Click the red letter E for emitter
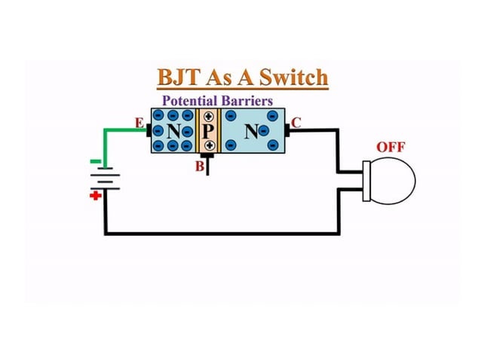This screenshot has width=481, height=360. coord(138,122)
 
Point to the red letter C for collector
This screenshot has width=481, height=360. coord(296,122)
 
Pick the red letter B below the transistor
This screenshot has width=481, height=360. coord(199,166)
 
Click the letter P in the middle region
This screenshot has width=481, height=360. coord(208,132)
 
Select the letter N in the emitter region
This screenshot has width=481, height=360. coord(175,132)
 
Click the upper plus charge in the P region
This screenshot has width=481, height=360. coord(208,117)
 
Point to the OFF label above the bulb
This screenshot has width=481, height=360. coord(391,147)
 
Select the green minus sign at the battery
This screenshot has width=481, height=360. coord(95,161)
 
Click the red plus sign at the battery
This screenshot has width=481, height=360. coord(95,197)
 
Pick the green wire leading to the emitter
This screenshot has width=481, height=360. coord(121,131)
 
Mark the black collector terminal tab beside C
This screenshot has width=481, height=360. coord(290,131)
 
